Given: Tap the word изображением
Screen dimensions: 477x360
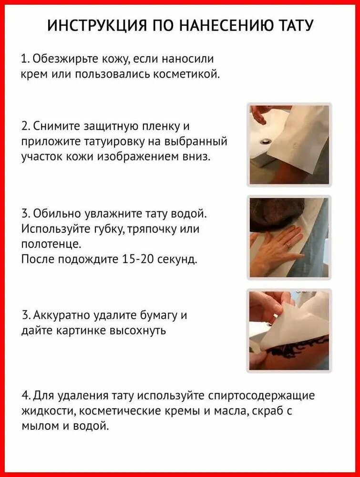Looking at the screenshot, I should tap(152, 157).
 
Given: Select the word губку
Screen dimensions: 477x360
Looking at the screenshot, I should tap(109, 228).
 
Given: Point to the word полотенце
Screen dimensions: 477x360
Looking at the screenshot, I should tap(51, 244).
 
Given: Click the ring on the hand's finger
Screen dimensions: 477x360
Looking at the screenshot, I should tap(288, 245).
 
